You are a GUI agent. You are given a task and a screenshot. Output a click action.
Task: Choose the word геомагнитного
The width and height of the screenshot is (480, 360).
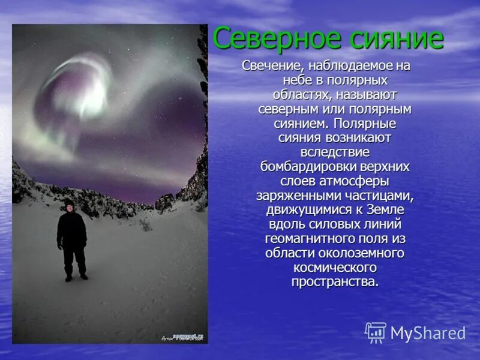308,238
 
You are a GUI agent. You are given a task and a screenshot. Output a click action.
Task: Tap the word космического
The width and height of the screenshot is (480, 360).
335,267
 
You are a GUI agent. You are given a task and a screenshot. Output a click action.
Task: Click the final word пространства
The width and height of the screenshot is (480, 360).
335,281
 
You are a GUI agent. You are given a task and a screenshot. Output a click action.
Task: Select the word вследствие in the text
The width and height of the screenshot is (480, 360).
335,152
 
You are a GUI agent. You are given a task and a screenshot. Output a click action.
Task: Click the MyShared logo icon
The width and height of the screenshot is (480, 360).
376,332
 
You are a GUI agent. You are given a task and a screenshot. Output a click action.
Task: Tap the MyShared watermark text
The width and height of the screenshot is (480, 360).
428,334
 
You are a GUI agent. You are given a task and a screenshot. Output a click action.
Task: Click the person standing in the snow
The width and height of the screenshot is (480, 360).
73,240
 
